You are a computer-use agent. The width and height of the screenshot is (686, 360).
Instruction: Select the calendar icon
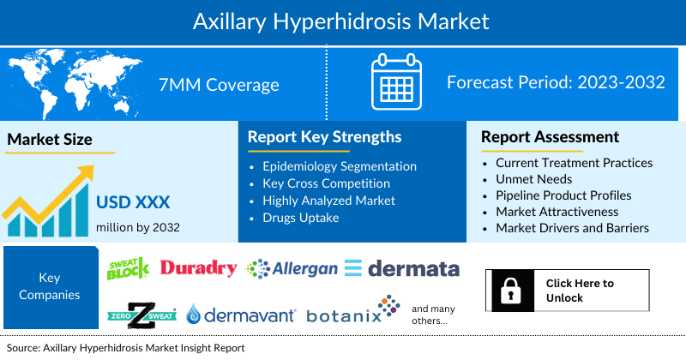coord(395,84)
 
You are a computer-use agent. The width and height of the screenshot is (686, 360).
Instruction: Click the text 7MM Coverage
coord(219,84)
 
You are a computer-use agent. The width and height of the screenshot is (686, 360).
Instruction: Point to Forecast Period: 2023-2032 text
coord(556,83)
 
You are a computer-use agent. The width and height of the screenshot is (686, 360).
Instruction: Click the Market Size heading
coord(50,139)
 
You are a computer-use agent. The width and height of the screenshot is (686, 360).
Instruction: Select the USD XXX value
coord(133,202)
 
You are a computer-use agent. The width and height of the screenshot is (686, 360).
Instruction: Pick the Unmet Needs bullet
coord(535,178)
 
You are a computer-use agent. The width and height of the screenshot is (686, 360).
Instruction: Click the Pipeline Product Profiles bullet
coord(563,195)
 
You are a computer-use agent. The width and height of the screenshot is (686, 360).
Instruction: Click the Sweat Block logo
coord(128,268)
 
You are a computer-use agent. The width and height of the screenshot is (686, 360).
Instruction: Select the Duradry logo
coord(198,268)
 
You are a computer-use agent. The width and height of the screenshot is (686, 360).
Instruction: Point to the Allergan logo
coord(292,269)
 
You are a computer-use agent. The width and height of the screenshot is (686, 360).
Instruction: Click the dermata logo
coord(402,269)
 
